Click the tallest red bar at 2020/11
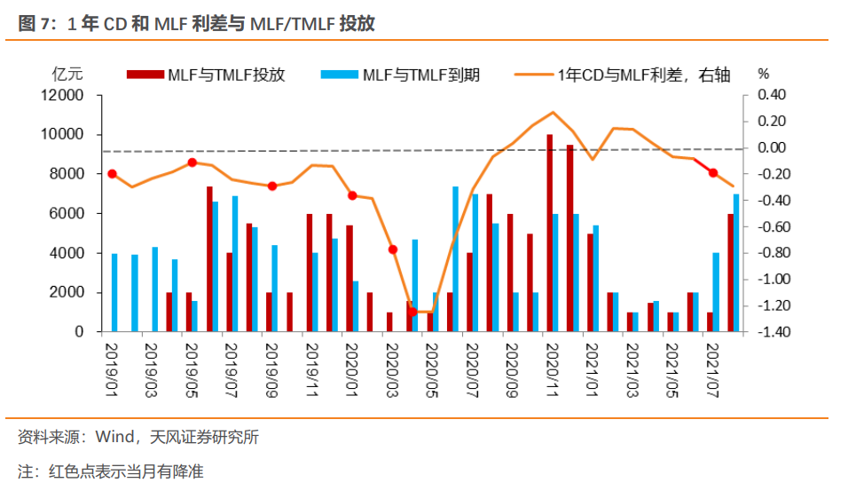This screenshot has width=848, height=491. click(x=550, y=233)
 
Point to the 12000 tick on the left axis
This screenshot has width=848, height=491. click(x=65, y=95)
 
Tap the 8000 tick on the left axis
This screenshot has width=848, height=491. click(x=68, y=174)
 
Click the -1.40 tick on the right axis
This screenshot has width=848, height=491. click(x=768, y=332)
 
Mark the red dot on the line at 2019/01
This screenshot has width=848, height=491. click(x=112, y=174)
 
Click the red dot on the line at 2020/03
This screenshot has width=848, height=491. click(x=393, y=249)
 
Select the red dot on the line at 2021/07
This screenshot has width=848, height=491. click(x=713, y=172)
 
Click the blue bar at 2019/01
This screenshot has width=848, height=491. click(x=114, y=293)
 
